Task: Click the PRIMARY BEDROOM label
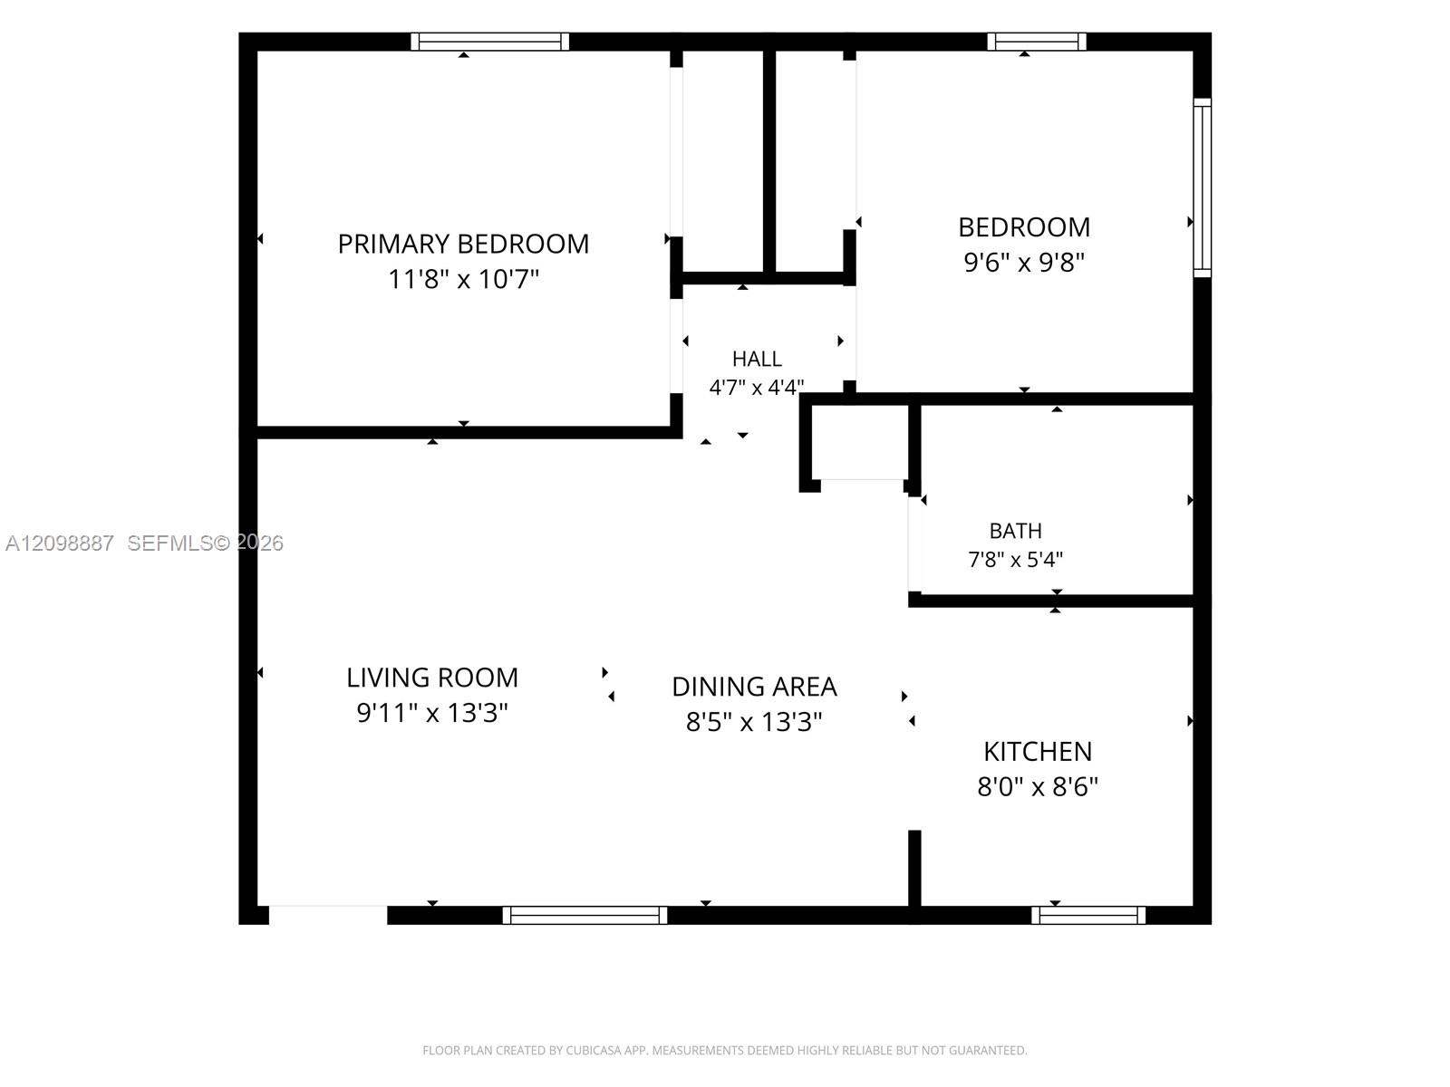(x=463, y=245)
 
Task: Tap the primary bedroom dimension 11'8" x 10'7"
(x=463, y=278)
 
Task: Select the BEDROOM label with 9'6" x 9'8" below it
(x=1024, y=227)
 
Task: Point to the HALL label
(x=757, y=359)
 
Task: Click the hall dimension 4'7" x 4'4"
(x=757, y=387)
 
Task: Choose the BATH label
(x=1015, y=531)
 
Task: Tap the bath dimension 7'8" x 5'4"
(x=1015, y=560)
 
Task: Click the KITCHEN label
(x=1038, y=752)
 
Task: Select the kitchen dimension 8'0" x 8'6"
(x=1038, y=786)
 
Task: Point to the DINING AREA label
(x=754, y=687)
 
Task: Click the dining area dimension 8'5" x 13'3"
(x=754, y=722)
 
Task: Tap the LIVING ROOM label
(x=432, y=678)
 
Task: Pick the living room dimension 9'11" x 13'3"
(x=432, y=713)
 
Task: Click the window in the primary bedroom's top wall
(x=489, y=42)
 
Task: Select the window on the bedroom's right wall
(x=1203, y=188)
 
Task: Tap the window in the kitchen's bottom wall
(x=1088, y=916)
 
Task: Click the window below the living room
(x=585, y=916)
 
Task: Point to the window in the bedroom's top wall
(x=1037, y=42)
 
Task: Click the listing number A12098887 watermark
(x=60, y=543)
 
